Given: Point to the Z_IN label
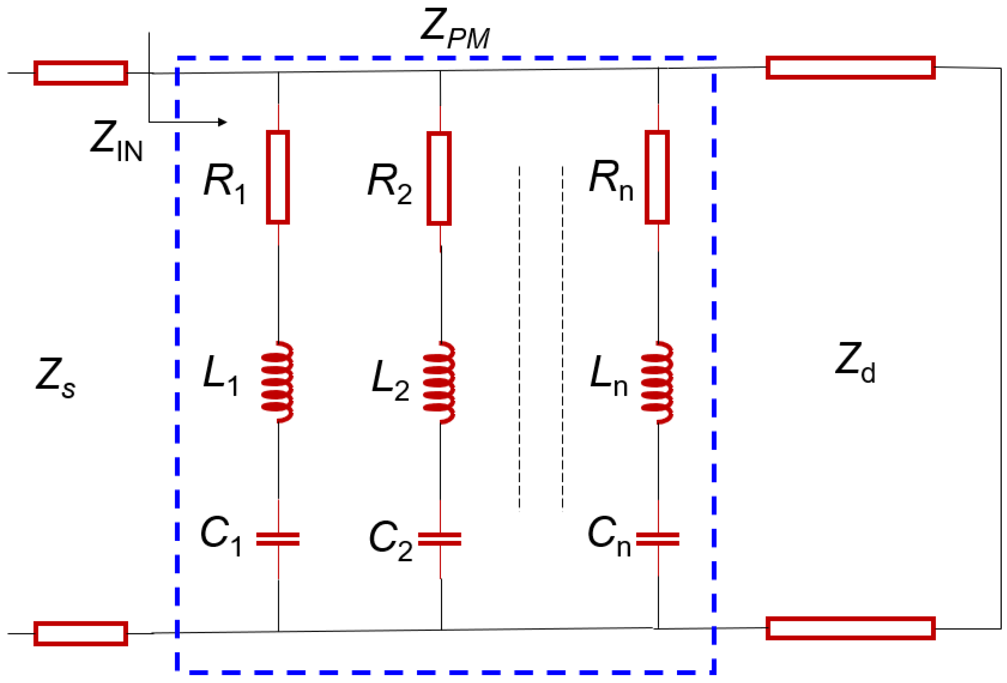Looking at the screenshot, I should (116, 141).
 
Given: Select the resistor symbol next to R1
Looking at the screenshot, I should (278, 177).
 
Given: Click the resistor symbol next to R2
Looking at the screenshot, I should (439, 179).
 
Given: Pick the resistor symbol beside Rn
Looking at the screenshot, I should (657, 177).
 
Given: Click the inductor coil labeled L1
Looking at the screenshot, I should (277, 382).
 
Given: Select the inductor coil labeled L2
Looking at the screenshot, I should (439, 382).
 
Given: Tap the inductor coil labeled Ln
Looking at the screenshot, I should (657, 382).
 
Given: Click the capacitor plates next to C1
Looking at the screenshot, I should (278, 539).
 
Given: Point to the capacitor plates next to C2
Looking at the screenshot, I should (439, 539).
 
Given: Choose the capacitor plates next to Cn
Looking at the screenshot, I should (657, 539).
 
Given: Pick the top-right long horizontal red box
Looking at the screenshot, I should (850, 68).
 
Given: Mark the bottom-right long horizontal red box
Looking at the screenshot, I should (850, 628).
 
